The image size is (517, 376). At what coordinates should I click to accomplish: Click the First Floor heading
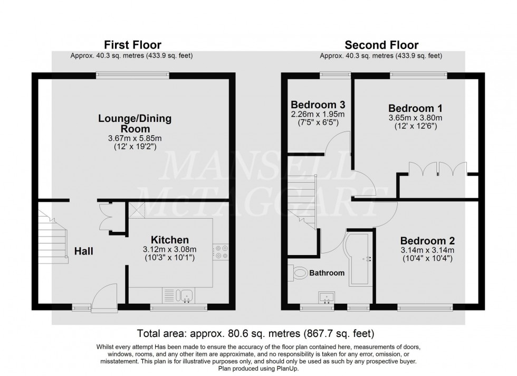132,45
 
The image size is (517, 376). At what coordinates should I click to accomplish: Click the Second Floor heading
381,45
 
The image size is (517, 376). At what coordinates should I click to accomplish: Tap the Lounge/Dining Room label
135,124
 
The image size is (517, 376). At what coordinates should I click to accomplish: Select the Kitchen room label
166,240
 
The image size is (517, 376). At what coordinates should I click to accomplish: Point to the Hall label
83,251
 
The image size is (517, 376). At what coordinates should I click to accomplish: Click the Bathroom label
327,273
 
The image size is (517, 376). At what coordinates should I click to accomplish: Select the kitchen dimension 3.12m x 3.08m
166,250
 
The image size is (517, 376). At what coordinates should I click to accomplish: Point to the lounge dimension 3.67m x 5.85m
135,139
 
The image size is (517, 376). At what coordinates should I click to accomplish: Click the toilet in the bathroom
300,273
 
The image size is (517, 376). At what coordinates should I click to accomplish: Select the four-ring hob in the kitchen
221,251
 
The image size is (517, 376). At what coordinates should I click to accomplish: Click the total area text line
255,333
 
